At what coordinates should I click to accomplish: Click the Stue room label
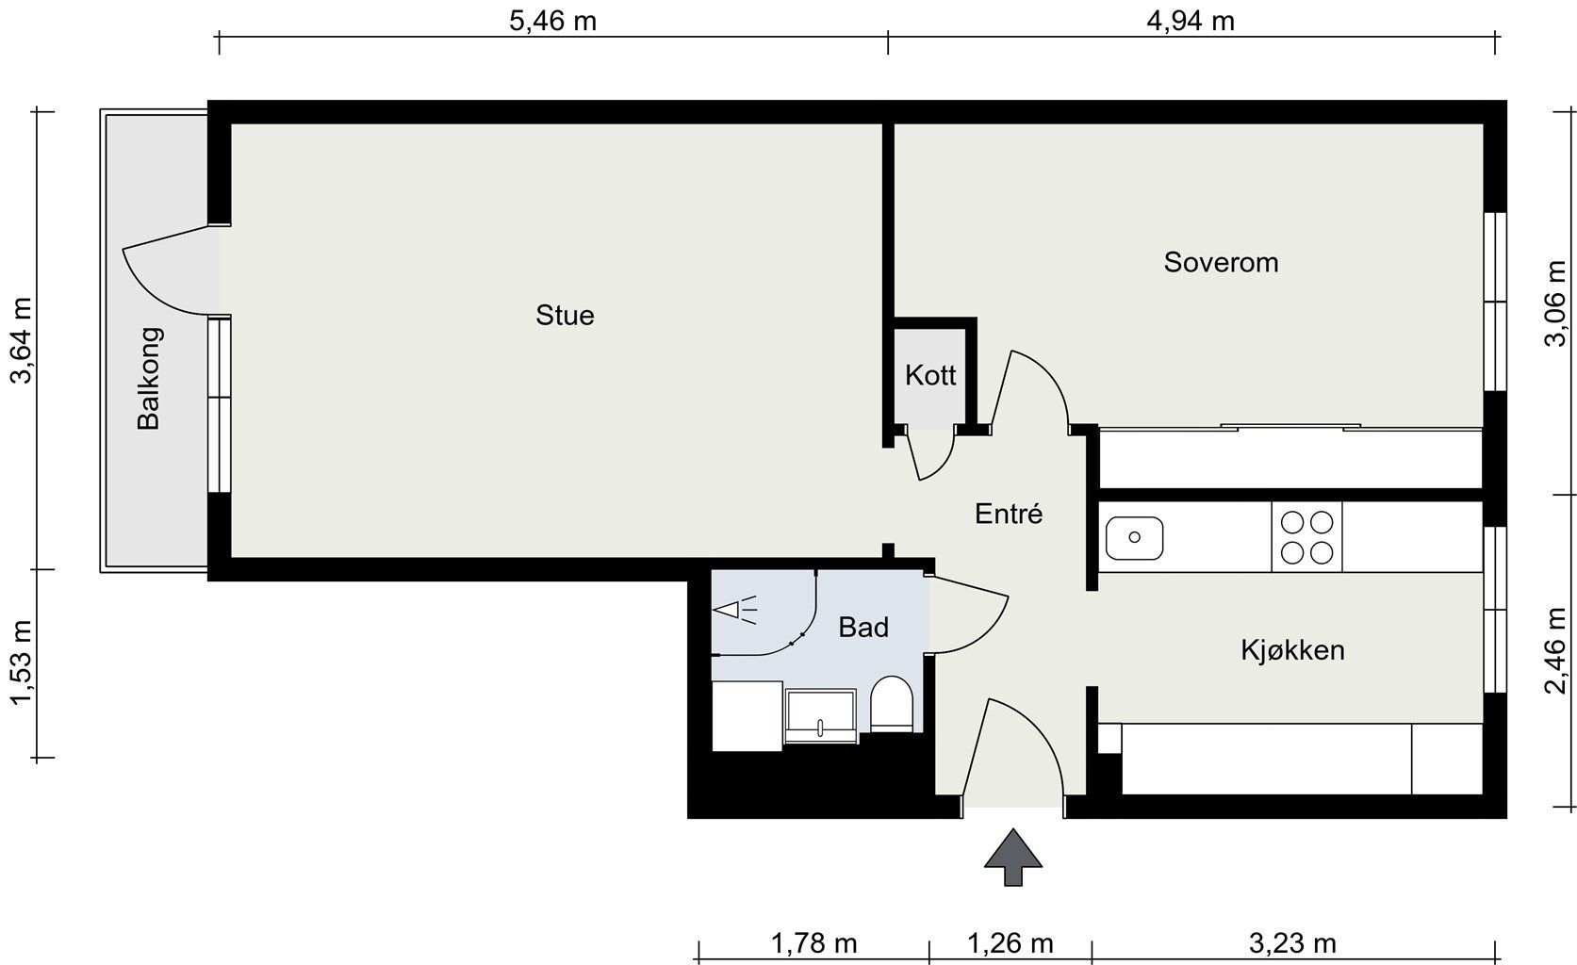[565, 315]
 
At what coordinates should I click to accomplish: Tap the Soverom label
[1221, 263]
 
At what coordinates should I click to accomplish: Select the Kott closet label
[930, 375]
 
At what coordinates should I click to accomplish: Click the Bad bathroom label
[863, 627]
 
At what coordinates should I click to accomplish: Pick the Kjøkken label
[1292, 649]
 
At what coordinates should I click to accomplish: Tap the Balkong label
[149, 378]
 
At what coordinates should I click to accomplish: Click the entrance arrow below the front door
[1012, 857]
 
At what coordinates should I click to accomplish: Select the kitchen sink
[1134, 538]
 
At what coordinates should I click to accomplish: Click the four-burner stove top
[1306, 537]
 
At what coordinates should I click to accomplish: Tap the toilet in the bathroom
[892, 703]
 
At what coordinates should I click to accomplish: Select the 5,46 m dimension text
[552, 21]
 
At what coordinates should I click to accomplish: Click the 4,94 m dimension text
[1191, 21]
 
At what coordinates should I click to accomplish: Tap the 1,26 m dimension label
[1010, 943]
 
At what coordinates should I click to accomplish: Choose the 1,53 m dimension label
[21, 662]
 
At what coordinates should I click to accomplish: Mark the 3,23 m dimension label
[1292, 943]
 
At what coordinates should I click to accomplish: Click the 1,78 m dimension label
[813, 943]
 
